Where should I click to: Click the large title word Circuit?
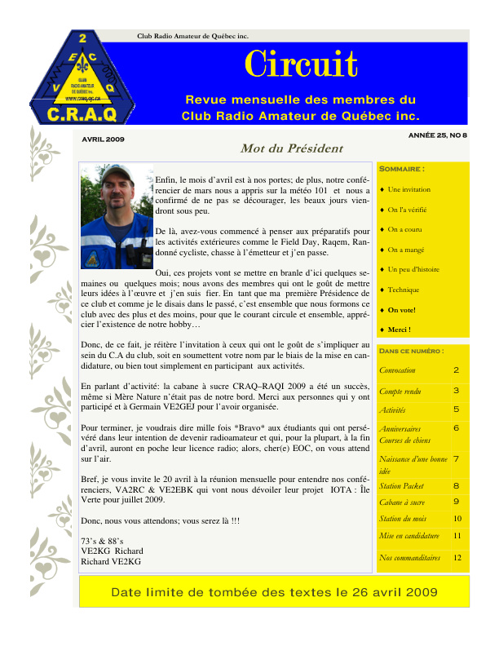tap(301, 64)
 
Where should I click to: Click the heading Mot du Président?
tap(280, 148)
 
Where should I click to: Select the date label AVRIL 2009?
tap(103, 139)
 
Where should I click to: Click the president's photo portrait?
tap(117, 217)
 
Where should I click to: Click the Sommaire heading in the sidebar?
tap(403, 169)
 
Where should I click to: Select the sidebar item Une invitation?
tap(409, 189)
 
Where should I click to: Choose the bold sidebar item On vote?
tap(403, 310)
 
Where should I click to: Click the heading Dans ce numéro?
tap(412, 351)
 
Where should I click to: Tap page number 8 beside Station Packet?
tap(457, 486)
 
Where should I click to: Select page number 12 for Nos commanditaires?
tap(457, 558)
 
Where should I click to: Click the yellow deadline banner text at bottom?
tap(274, 592)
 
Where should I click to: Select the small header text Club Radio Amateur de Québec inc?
tap(192, 35)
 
